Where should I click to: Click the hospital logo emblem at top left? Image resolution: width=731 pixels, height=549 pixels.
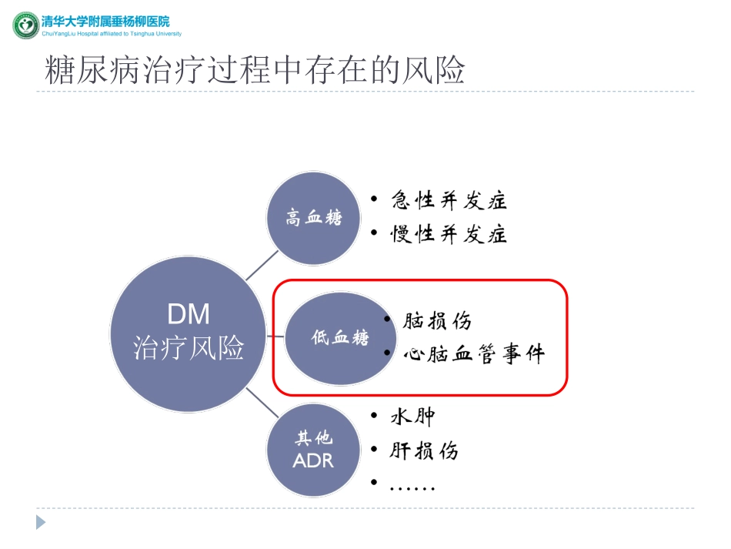coord(25,25)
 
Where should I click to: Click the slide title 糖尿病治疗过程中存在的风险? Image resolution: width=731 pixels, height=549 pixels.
coord(255,70)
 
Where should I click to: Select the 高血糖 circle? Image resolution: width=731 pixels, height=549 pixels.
coord(313,219)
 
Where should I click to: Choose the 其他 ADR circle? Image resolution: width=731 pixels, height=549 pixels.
coord(313,450)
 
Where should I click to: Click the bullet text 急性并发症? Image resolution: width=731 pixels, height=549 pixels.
coord(449,202)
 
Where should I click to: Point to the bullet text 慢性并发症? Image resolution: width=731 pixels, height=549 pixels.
coord(449,234)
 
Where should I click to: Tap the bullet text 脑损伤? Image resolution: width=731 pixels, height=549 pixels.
coord(437,321)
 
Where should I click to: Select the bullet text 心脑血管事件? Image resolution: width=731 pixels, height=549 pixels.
coord(473,354)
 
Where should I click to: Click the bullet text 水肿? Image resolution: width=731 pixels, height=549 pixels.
coord(413,417)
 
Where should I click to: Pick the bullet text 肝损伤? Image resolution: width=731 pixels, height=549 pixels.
coord(424,450)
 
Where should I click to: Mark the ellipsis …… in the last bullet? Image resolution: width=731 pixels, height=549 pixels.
coord(412,487)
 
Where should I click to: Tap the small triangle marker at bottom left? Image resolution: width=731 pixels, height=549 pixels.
coord(41,522)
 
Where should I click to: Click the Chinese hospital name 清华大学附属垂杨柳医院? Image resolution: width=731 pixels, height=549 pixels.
coord(105,21)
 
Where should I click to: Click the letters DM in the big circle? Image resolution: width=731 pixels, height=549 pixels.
coord(189,313)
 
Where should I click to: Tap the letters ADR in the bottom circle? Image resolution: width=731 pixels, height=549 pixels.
coord(313,460)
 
